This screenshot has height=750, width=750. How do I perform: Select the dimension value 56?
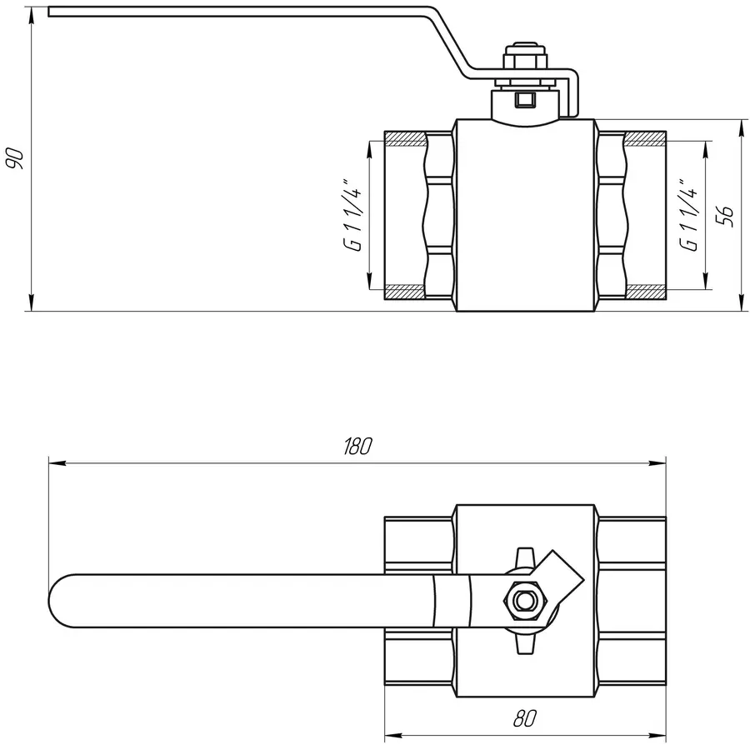[x=726, y=215]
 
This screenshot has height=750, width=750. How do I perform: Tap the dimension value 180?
[x=357, y=447]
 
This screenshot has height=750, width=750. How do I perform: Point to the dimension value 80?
[x=525, y=718]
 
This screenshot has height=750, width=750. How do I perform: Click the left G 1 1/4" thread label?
[x=355, y=214]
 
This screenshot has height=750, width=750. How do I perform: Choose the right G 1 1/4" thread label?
[x=688, y=214]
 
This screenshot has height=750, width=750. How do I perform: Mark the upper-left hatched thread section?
[x=405, y=137]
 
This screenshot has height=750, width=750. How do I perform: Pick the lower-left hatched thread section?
[x=405, y=292]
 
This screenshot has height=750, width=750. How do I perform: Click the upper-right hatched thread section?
[x=645, y=137]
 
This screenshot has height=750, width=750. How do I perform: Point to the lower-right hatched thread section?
[x=645, y=292]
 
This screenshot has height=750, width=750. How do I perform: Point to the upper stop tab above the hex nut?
[x=523, y=556]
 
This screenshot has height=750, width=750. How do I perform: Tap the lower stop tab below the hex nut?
[x=523, y=642]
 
